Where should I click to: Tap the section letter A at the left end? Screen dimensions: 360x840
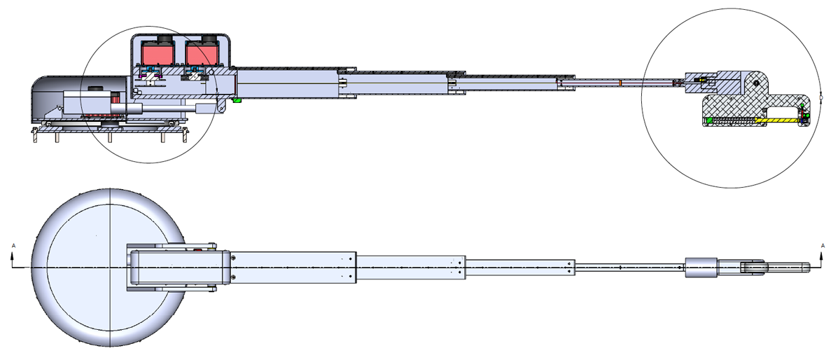click(x=13, y=246)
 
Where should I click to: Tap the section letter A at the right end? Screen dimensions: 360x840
click(x=822, y=246)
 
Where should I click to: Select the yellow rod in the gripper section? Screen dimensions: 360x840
click(x=777, y=120)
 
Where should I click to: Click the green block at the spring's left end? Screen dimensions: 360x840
click(x=709, y=120)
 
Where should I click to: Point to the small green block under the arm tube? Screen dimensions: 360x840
click(x=237, y=100)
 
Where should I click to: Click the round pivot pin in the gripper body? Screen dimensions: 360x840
click(x=757, y=83)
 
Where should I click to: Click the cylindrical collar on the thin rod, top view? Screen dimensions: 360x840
click(x=700, y=268)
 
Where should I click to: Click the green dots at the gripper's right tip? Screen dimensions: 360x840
click(x=805, y=113)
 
